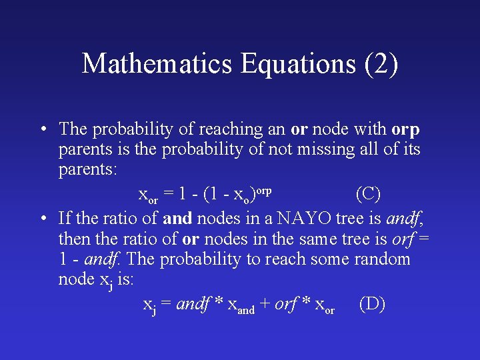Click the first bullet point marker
point(42,129)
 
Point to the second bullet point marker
point(42,217)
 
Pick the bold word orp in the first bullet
point(406,129)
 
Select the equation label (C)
point(368,193)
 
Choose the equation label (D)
point(372,304)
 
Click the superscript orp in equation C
point(263,189)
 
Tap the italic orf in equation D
point(285,304)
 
